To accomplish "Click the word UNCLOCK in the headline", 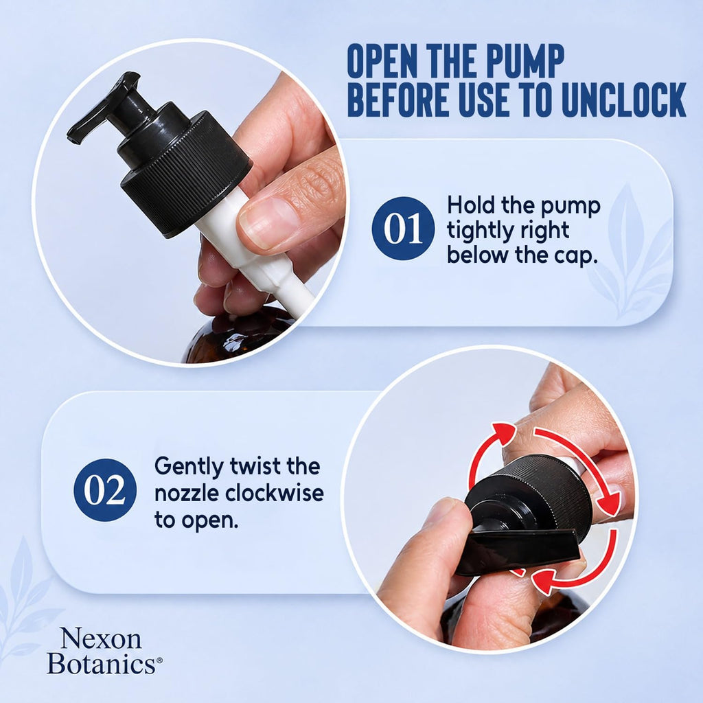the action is (x=623, y=99).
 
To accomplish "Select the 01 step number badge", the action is (x=403, y=228).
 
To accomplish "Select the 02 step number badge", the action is (x=105, y=490).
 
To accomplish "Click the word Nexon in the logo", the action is (x=100, y=638).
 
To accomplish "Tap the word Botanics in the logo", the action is (x=102, y=663).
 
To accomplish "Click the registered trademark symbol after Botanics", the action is (x=159, y=660).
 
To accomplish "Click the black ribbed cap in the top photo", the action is (x=185, y=172).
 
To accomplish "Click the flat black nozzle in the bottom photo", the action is (x=518, y=551).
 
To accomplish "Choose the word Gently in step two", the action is (x=189, y=467).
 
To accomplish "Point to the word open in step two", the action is (x=209, y=521).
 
